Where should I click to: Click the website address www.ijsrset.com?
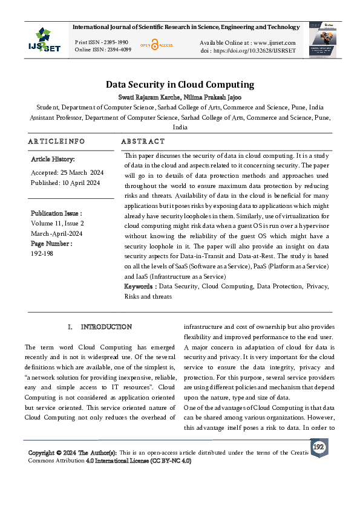click(x=274, y=42)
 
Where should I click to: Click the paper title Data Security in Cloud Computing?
click(x=180, y=85)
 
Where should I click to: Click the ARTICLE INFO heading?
click(x=56, y=141)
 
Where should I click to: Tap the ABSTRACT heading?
click(x=143, y=141)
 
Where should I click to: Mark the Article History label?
click(x=53, y=159)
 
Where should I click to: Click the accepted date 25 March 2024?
click(x=82, y=172)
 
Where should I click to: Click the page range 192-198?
click(x=43, y=254)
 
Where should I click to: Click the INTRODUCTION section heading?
click(x=106, y=327)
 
